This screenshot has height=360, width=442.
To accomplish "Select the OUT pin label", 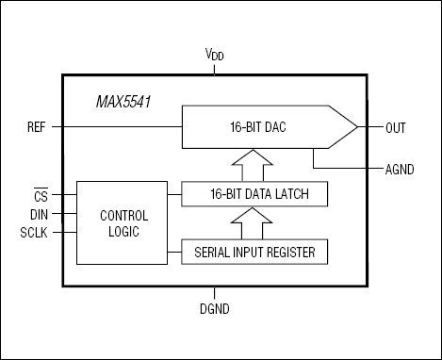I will click(x=396, y=126).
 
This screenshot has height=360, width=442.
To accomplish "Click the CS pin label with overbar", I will click(x=40, y=196).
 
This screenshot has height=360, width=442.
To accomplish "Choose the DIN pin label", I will click(x=39, y=213).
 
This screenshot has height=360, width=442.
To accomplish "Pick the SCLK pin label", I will click(x=36, y=230).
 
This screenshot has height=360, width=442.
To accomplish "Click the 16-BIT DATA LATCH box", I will click(x=255, y=195).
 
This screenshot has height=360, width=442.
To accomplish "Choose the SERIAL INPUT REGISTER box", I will click(x=255, y=252).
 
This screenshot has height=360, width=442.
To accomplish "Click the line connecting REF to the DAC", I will click(x=123, y=125).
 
